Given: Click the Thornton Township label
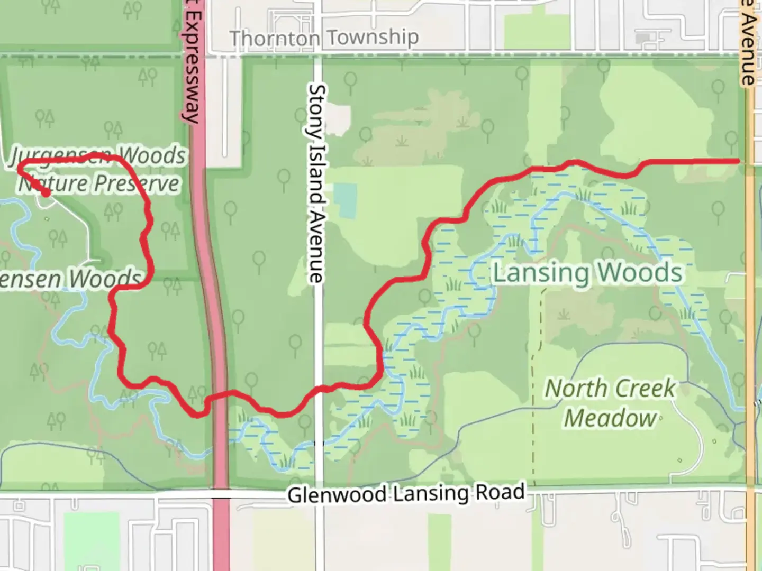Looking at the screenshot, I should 323,38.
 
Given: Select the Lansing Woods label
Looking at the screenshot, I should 587,273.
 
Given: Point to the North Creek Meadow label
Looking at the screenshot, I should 610,403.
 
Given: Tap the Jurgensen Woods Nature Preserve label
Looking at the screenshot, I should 98,170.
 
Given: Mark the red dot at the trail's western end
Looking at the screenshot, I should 46,193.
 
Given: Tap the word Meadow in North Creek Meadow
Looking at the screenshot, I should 610,418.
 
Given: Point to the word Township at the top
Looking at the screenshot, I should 372,38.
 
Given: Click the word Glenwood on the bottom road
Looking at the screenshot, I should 337,495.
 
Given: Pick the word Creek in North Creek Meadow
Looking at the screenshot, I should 643,389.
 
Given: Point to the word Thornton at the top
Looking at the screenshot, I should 275,39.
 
